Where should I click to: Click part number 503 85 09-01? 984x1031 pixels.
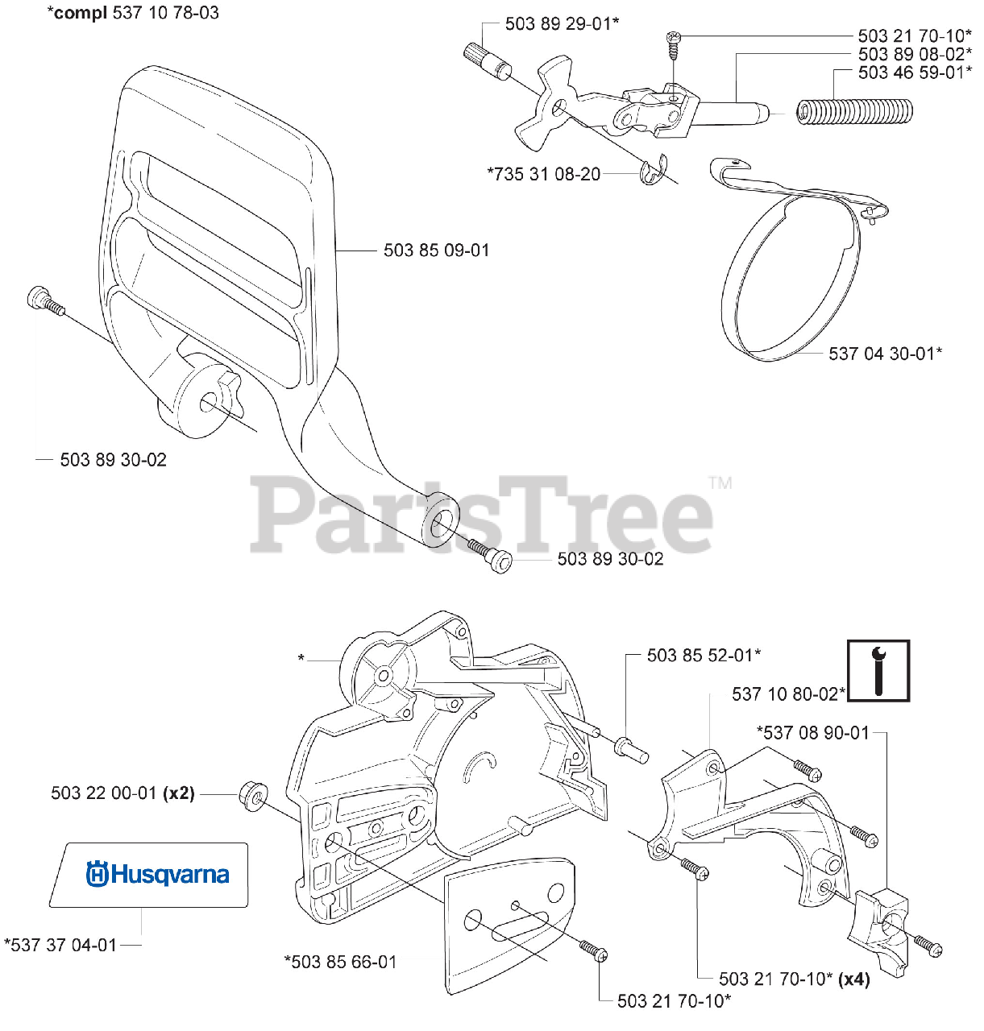(x=436, y=251)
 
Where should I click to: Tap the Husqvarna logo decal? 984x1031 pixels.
(x=157, y=875)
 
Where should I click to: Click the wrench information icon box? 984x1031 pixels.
(x=878, y=671)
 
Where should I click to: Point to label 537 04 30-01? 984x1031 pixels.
(x=885, y=353)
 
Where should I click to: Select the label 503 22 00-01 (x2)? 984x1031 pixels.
(x=122, y=793)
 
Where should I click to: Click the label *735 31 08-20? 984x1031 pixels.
(x=544, y=174)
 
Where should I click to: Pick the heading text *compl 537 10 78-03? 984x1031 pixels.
(x=133, y=13)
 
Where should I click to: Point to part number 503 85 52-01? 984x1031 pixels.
(x=704, y=656)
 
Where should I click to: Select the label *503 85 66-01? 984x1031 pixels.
(x=340, y=962)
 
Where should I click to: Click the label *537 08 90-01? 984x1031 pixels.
(x=813, y=732)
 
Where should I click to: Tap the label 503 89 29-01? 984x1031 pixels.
(x=562, y=24)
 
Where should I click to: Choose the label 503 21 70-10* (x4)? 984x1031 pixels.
(x=794, y=979)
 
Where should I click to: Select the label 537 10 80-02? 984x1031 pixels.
(x=788, y=694)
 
